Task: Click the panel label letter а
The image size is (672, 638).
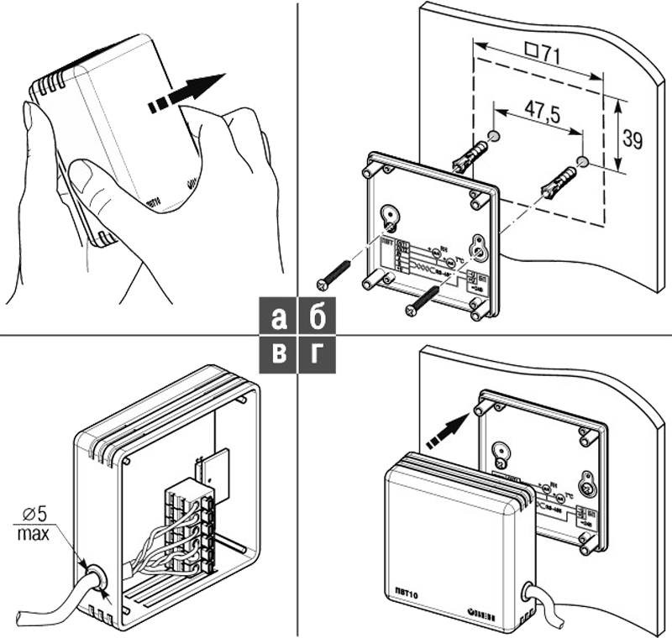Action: (280, 318)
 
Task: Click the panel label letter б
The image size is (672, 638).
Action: (318, 317)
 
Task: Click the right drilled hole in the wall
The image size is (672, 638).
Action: (582, 159)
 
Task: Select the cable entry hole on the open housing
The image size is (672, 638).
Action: (94, 578)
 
